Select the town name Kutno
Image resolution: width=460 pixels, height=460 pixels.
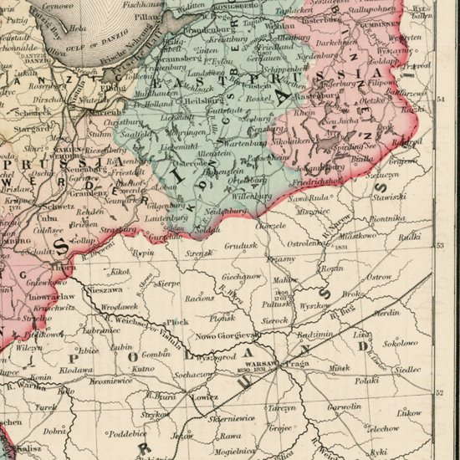click(x=144, y=368)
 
